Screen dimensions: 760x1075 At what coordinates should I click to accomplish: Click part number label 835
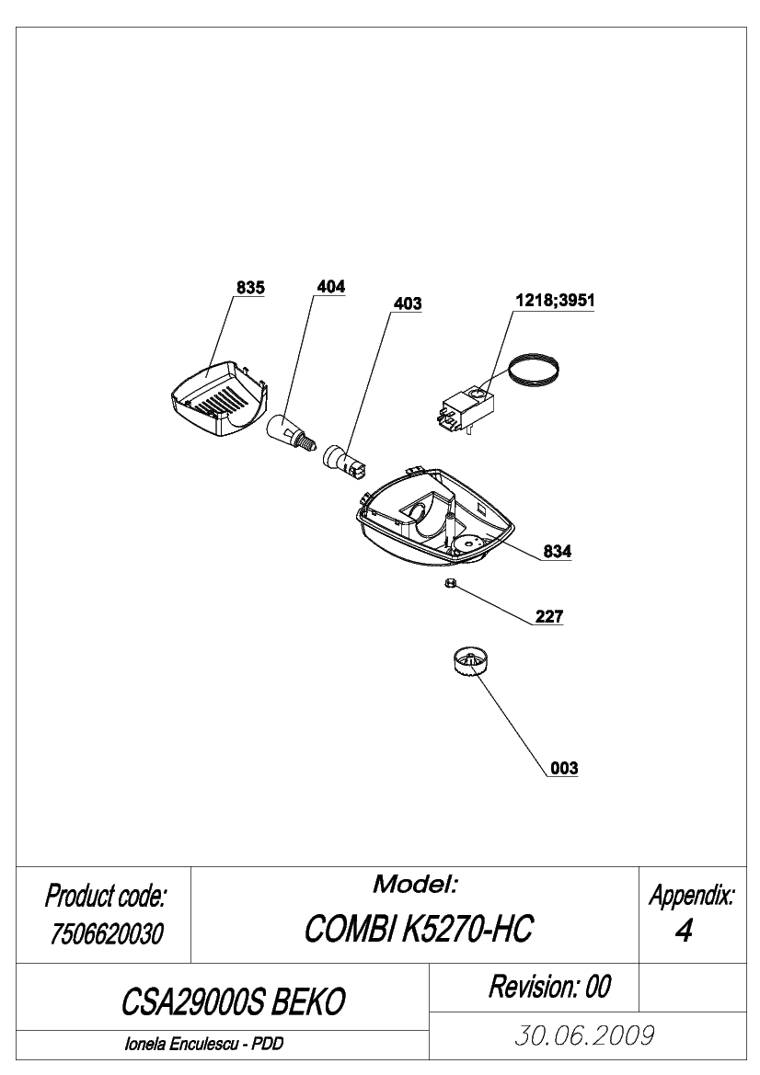click(x=250, y=288)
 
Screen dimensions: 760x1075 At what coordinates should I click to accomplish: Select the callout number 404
click(x=330, y=287)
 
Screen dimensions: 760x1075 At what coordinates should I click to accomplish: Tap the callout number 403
click(x=408, y=303)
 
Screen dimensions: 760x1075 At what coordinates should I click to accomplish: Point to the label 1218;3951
click(x=555, y=301)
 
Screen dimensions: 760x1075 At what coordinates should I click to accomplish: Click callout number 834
click(x=557, y=551)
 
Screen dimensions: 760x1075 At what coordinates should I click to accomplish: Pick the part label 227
click(x=549, y=616)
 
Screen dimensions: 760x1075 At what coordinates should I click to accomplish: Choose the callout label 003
click(x=565, y=769)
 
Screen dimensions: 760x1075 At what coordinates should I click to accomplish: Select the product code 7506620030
click(x=106, y=933)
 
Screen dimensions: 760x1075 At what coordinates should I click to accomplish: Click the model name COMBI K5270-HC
click(x=418, y=930)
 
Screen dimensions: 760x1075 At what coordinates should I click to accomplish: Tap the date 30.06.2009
click(x=584, y=1035)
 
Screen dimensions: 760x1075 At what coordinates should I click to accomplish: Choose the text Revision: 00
click(x=549, y=988)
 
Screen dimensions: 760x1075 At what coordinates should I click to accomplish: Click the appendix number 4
click(x=684, y=931)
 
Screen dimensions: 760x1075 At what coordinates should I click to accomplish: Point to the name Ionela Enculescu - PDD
click(x=204, y=1045)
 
